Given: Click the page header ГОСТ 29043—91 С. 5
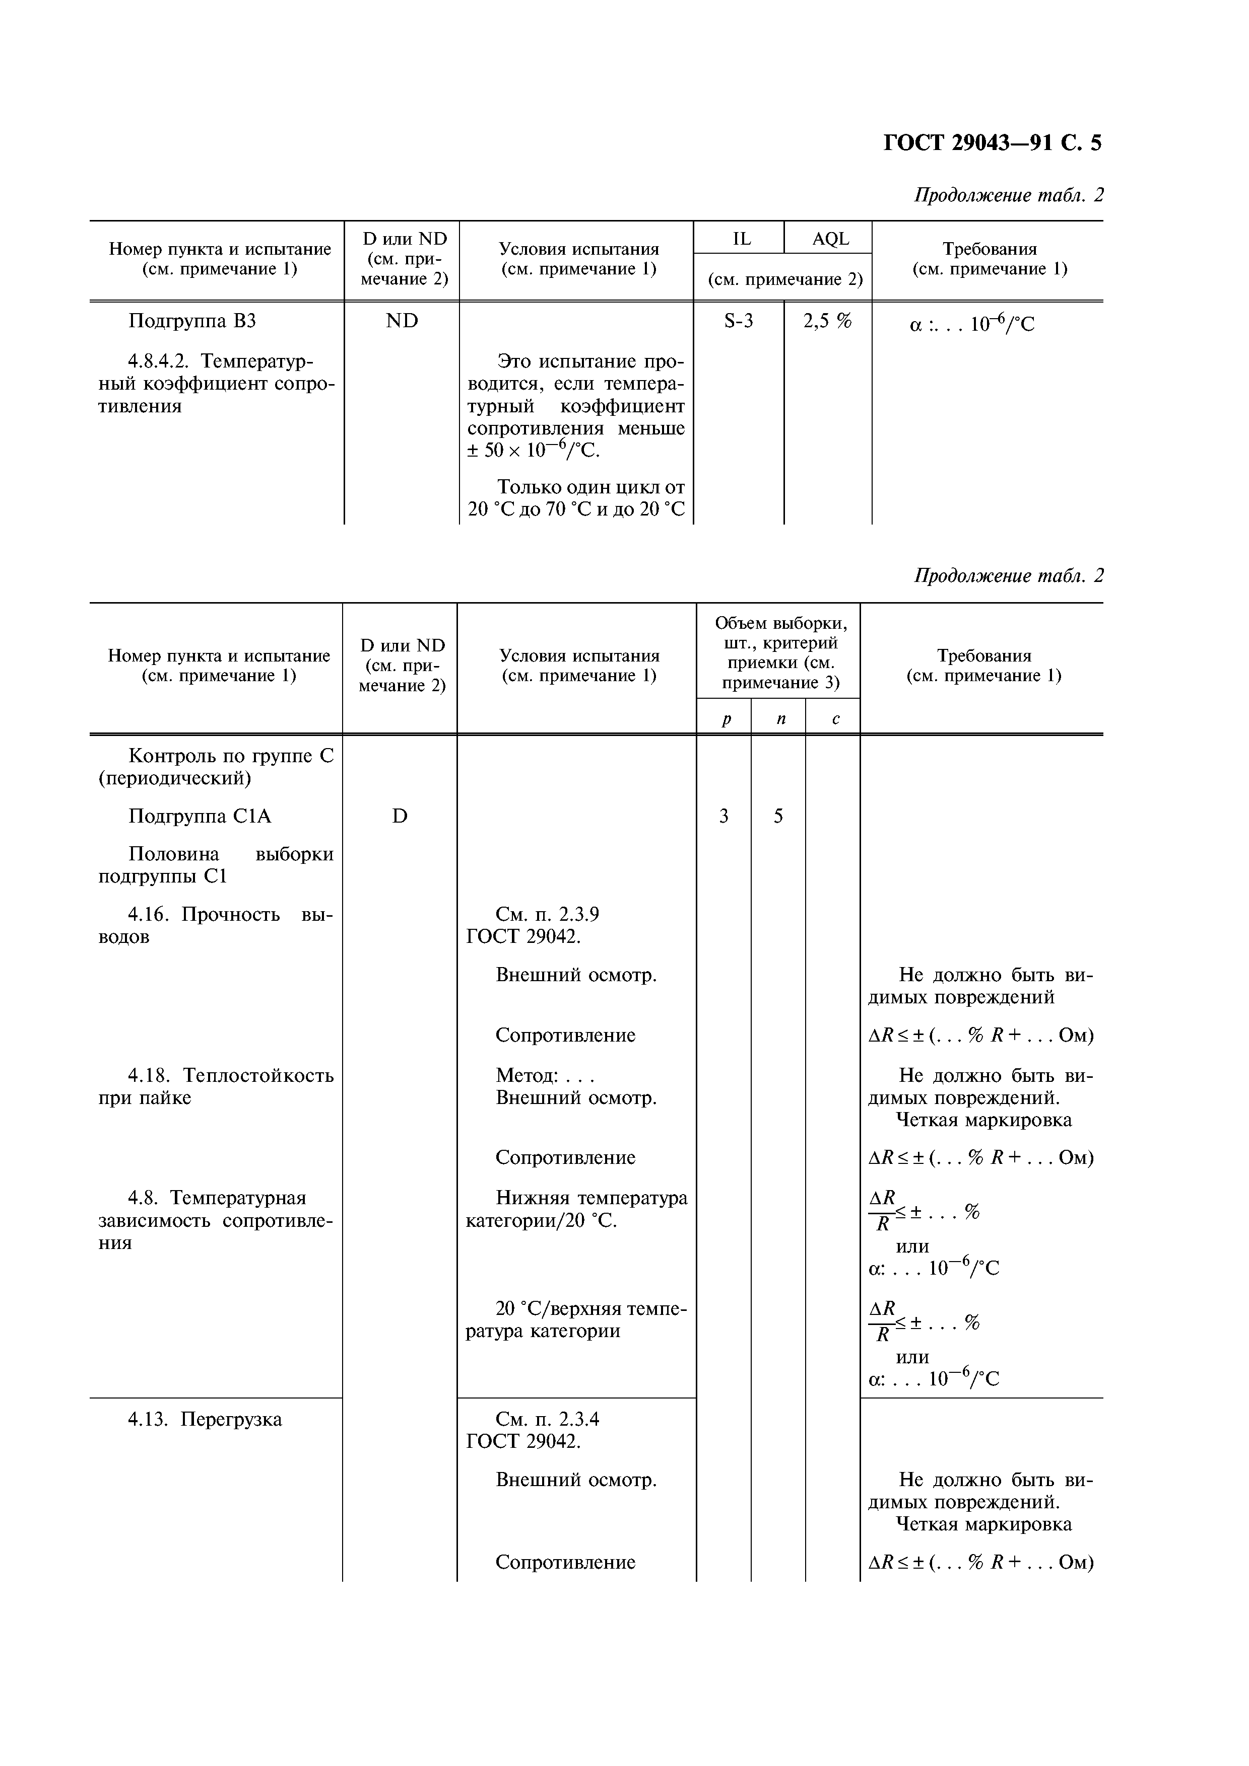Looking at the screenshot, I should pyautogui.click(x=992, y=143).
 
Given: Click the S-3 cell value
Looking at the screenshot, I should pyautogui.click(x=739, y=321).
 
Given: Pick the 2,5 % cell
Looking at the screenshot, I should pyautogui.click(x=827, y=321).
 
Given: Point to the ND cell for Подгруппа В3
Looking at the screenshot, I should pyautogui.click(x=402, y=321).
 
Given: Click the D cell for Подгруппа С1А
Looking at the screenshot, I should pyautogui.click(x=400, y=816).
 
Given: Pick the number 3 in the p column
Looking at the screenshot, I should pyautogui.click(x=724, y=816).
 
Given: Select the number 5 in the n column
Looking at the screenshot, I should pyautogui.click(x=778, y=816).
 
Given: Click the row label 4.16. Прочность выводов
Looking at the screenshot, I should pyautogui.click(x=216, y=925).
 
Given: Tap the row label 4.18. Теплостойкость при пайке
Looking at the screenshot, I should pyautogui.click(x=216, y=1085).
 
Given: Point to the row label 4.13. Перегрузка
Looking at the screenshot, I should pyautogui.click(x=204, y=1419).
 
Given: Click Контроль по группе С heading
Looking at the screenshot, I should pyautogui.click(x=230, y=756).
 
